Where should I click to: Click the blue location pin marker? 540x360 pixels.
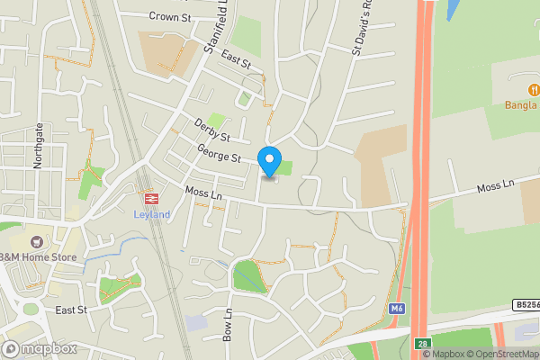tap(268, 161)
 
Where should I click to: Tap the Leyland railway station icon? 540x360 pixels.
tap(150, 198)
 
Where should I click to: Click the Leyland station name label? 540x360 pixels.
tap(151, 214)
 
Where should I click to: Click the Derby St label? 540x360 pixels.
tap(212, 130)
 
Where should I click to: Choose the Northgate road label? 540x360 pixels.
tap(38, 143)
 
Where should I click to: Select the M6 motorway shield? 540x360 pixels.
tap(397, 310)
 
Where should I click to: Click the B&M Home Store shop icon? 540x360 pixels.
tap(36, 242)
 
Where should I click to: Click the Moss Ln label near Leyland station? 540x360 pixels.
tap(202, 193)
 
